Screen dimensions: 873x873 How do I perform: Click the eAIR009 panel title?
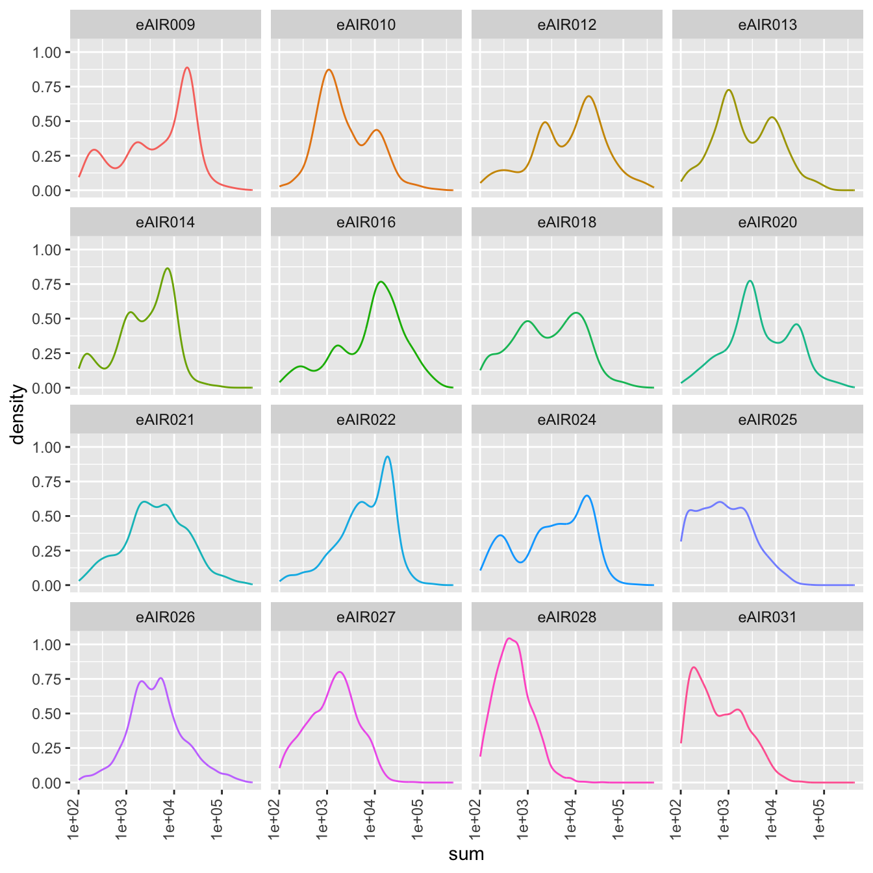[x=165, y=25]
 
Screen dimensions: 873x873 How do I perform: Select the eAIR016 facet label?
[x=366, y=223]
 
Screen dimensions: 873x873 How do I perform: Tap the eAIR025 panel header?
[x=767, y=420]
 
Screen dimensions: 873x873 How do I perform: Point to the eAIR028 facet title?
[x=566, y=618]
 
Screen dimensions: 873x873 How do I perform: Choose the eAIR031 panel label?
[x=767, y=618]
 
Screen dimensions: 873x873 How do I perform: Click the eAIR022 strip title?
[x=366, y=420]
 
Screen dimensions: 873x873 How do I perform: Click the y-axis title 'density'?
[x=18, y=414]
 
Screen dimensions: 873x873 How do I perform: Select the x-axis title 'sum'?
[x=466, y=854]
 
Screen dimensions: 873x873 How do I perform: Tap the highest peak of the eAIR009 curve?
[x=187, y=68]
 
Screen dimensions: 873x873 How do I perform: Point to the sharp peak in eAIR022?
[x=388, y=456]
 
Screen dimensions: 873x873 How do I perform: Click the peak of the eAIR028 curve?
[x=509, y=639]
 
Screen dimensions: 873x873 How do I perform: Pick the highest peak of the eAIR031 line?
[x=694, y=667]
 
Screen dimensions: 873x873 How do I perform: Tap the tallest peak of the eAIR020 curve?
[x=750, y=281]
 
